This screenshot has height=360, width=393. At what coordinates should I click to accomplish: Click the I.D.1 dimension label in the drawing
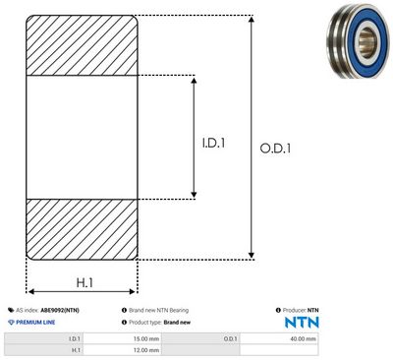tap(213, 143)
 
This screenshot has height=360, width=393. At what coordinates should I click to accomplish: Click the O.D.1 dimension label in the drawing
tap(275, 149)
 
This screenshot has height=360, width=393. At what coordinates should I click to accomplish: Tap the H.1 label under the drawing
tap(84, 282)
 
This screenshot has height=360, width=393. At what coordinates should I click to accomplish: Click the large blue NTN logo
tap(302, 323)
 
